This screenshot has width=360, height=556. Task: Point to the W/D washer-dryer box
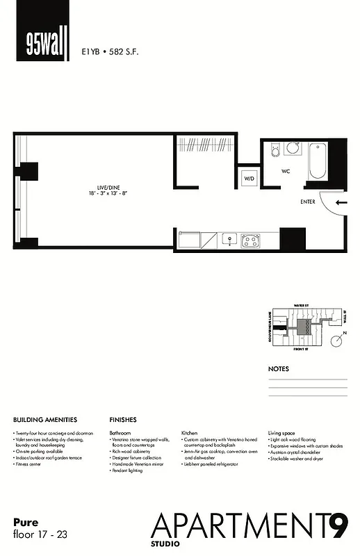pos(248,179)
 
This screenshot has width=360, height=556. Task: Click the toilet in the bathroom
pos(275,150)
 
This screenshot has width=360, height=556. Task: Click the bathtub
pos(317,161)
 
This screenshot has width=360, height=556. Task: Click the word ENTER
pos(308,202)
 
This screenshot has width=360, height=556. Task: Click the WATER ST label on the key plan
pos(300,305)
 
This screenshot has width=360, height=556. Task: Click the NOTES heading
pos(278,369)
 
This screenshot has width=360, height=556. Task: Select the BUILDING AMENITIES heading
pos(45,420)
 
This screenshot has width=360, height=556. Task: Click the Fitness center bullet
pos(31,464)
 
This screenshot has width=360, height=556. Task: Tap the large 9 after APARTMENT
pos(338,526)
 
